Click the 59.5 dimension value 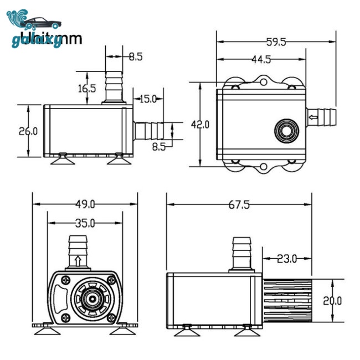tap(276, 42)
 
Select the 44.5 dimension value tap(260, 59)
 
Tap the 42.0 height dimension tap(200, 125)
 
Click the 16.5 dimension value tap(87, 88)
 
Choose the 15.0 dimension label tap(148, 99)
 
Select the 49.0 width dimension tap(85, 204)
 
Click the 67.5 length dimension tap(239, 204)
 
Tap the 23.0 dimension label tap(287, 258)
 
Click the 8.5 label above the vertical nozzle tap(136, 56)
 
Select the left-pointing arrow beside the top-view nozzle tap(313, 117)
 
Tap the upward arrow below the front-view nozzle tap(78, 260)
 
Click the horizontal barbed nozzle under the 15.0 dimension tap(149, 131)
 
